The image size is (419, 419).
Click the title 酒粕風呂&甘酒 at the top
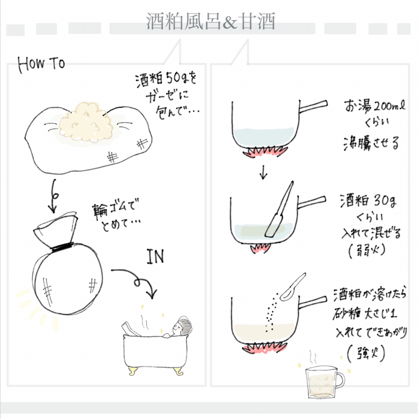(210, 21)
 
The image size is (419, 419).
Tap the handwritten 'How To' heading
(41, 64)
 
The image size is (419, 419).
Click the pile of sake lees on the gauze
(86, 122)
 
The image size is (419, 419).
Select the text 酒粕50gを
(166, 80)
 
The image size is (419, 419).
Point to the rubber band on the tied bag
(62, 246)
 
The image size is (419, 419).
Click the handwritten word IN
(155, 257)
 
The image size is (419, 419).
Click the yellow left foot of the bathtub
(133, 371)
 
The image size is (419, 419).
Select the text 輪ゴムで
(115, 210)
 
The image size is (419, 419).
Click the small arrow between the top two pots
(263, 172)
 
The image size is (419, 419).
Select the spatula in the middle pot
(279, 209)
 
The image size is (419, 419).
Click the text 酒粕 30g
(368, 201)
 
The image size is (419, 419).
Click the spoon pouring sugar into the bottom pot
(293, 287)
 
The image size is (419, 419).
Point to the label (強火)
(366, 353)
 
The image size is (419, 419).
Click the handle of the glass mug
(341, 379)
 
